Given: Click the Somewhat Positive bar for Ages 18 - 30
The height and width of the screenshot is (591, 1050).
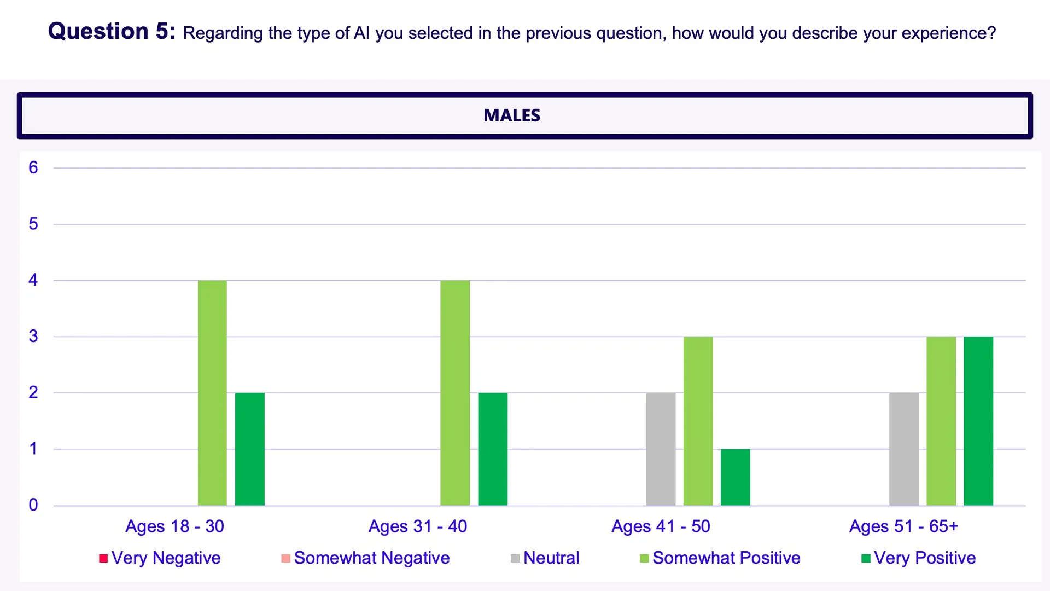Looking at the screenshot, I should tap(212, 392).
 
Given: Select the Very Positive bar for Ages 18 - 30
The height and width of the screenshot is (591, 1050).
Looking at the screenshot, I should tap(249, 449).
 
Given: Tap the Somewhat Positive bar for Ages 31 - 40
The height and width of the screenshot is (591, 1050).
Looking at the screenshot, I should tap(455, 392).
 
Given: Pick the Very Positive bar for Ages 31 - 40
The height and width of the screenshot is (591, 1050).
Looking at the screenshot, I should tap(493, 449).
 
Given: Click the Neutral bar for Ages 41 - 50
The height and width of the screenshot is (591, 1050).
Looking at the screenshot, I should tap(661, 449).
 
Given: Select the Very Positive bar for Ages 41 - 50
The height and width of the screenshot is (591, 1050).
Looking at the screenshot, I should tap(735, 477).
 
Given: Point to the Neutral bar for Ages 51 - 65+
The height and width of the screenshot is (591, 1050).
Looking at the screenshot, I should tap(904, 449).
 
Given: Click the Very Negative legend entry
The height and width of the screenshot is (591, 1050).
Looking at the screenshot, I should tap(160, 558).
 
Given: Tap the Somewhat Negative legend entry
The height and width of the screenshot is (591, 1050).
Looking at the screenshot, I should tap(365, 558).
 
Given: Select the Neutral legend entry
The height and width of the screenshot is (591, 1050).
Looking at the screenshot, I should tap(545, 558).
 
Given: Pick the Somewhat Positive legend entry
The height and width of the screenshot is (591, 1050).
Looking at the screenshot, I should tap(720, 558).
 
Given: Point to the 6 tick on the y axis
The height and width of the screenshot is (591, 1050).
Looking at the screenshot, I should tap(33, 167).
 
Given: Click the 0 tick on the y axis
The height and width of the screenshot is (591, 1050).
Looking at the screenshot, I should tap(33, 505).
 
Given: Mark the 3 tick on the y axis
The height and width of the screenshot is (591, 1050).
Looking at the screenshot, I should tap(33, 336).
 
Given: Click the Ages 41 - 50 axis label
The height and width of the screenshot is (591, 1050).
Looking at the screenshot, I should tap(661, 526).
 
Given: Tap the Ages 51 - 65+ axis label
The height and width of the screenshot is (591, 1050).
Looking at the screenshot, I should tap(903, 526).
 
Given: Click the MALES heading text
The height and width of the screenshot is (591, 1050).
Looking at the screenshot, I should tap(512, 115).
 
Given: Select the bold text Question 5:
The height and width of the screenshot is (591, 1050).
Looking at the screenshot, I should tap(112, 31).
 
